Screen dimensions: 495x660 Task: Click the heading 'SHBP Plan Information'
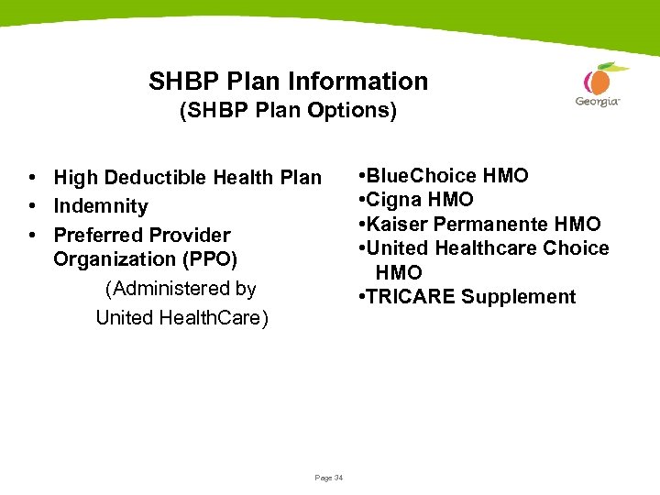pyautogui.click(x=288, y=81)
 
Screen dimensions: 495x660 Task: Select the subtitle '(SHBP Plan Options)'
pyautogui.click(x=288, y=111)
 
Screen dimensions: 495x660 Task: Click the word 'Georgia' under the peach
pyautogui.click(x=598, y=102)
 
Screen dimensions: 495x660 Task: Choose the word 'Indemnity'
pyautogui.click(x=101, y=206)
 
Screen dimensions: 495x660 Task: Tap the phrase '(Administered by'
pyautogui.click(x=181, y=289)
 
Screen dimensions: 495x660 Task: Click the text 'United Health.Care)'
pyautogui.click(x=181, y=318)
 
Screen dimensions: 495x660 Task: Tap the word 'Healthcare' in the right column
pyautogui.click(x=487, y=248)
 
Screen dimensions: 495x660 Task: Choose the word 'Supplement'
pyautogui.click(x=519, y=297)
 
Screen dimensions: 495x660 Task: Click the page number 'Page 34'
pyautogui.click(x=328, y=478)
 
